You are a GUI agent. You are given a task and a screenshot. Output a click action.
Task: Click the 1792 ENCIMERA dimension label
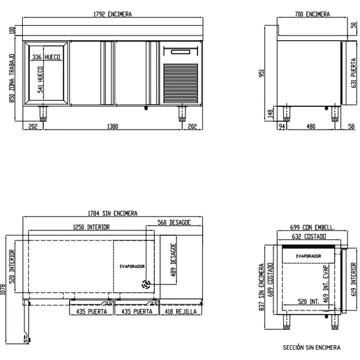(113, 13)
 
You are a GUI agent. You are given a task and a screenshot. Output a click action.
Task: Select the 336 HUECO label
(46, 57)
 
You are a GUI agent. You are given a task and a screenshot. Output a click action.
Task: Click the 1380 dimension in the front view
(112, 127)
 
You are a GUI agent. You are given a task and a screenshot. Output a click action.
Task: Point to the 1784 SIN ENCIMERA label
(113, 214)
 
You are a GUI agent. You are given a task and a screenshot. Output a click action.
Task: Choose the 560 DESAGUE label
(174, 222)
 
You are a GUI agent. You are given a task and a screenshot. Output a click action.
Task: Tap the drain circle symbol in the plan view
(146, 284)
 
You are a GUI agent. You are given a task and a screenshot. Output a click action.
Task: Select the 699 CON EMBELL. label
(312, 228)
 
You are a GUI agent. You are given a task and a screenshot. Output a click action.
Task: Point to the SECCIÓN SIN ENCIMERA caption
(311, 347)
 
